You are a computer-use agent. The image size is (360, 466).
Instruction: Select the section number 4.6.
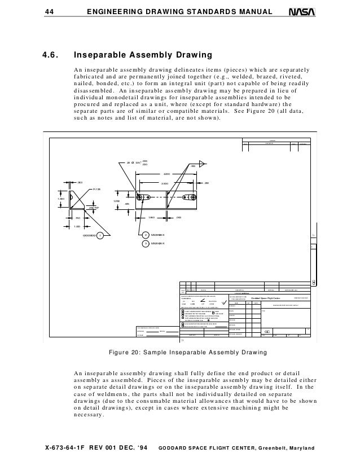tap(52, 55)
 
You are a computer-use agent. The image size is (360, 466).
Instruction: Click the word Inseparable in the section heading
tap(106, 55)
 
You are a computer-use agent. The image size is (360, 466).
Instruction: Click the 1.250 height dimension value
tap(117, 201)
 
